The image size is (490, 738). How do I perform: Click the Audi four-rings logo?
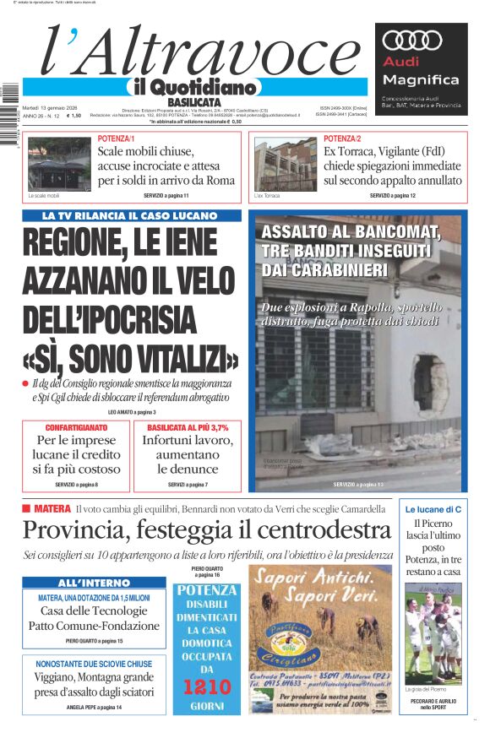[x=412, y=40]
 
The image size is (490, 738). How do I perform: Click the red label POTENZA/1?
[x=116, y=138]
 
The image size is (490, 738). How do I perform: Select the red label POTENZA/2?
[x=342, y=138]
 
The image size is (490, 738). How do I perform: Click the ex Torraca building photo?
[x=285, y=165]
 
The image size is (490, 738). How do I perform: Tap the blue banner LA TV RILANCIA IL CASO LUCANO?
[x=131, y=216]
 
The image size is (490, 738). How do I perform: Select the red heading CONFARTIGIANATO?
[x=76, y=427]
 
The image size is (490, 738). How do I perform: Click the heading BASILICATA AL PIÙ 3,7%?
[x=188, y=427]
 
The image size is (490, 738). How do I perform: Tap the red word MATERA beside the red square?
[x=52, y=508]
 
